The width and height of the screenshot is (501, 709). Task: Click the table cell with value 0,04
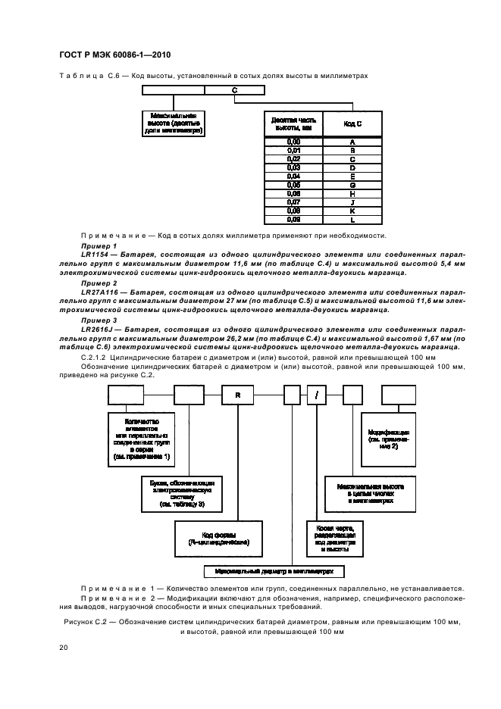tap(293, 176)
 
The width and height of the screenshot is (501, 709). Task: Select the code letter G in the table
tap(352, 184)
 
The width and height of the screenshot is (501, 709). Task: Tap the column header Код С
tap(352, 123)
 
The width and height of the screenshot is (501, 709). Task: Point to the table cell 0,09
tap(293, 219)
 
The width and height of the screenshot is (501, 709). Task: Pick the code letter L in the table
tap(352, 219)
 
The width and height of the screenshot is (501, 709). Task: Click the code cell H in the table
tap(352, 193)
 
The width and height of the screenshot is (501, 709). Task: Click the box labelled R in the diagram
tap(237, 395)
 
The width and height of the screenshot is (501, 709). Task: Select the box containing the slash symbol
tap(316, 395)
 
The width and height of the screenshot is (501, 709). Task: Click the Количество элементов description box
tap(142, 438)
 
